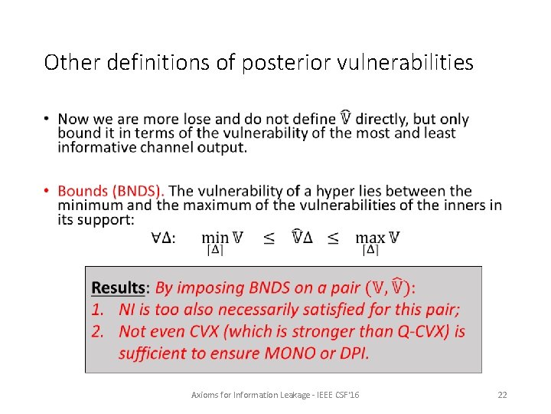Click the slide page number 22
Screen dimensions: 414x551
(x=502, y=395)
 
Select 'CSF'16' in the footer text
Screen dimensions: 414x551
(x=345, y=395)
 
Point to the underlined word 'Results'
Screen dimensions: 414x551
(x=118, y=288)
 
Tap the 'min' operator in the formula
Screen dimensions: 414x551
(x=216, y=238)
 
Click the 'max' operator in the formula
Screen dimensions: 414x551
(x=370, y=238)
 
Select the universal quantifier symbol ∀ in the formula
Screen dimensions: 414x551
(x=155, y=238)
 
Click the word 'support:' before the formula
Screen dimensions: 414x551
(x=106, y=219)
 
